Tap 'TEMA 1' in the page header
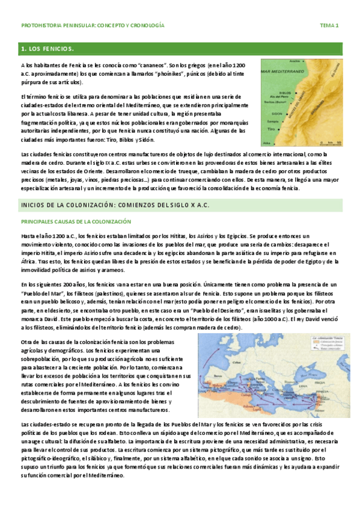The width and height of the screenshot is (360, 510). pos(329,26)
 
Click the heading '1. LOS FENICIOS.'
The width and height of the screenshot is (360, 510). pos(47,48)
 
